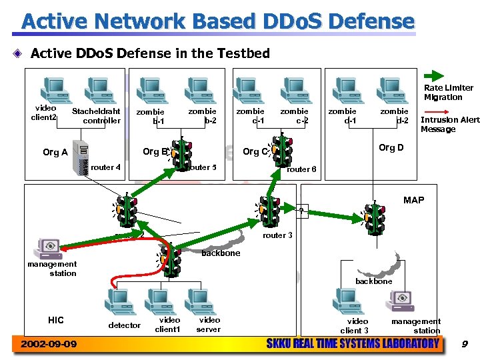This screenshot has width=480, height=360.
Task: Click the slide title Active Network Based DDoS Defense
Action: click(x=218, y=21)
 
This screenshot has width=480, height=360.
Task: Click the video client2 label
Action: click(x=45, y=113)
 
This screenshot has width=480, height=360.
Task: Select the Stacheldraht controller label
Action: click(x=97, y=116)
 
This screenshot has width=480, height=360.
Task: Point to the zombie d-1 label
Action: click(x=342, y=115)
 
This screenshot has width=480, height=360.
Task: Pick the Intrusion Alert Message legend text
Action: click(x=449, y=125)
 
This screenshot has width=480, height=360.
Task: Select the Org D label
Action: click(x=391, y=147)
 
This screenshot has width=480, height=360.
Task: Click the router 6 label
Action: click(x=301, y=169)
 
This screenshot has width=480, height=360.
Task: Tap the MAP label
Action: click(x=413, y=200)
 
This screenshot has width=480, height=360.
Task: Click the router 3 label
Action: click(x=277, y=235)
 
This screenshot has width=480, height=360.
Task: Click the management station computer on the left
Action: click(x=50, y=247)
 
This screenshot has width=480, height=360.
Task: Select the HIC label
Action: click(x=56, y=320)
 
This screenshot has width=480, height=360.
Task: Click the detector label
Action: click(x=125, y=325)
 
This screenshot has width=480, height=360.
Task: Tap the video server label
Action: click(x=209, y=325)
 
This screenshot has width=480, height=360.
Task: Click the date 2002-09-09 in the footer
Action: click(x=48, y=344)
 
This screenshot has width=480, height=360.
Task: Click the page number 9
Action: click(x=465, y=344)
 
